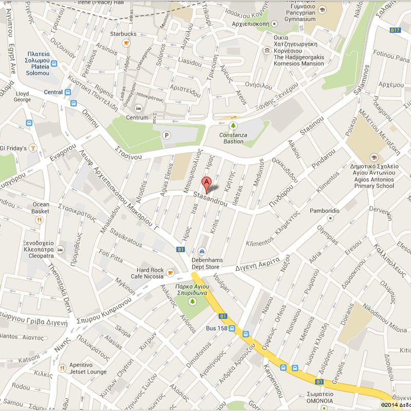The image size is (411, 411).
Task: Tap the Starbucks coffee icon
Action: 126,43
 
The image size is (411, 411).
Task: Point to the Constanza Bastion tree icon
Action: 234,125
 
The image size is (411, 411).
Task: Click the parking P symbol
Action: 166,135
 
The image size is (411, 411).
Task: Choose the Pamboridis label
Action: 324,211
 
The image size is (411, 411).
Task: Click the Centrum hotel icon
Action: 137,108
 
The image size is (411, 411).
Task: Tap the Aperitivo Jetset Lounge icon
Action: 62,368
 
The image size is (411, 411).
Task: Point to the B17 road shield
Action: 395,30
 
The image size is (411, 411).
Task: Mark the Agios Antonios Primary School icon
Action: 373,157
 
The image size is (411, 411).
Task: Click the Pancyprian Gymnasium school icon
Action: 322,10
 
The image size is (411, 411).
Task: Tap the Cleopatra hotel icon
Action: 61,249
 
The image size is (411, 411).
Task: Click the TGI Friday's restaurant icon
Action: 33,148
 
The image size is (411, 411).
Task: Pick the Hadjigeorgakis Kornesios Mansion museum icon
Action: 267,50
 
